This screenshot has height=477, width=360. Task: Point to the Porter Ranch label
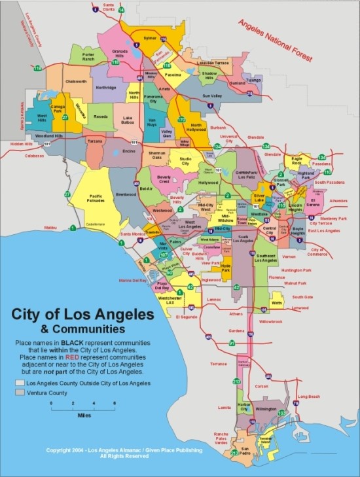tap(88, 56)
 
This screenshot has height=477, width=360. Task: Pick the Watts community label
tap(276, 303)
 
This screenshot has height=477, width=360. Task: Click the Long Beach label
tap(308, 397)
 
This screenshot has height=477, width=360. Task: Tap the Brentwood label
tap(126, 195)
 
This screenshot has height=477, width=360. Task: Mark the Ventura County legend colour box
tap(20, 392)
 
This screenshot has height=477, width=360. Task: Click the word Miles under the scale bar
tap(82, 415)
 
